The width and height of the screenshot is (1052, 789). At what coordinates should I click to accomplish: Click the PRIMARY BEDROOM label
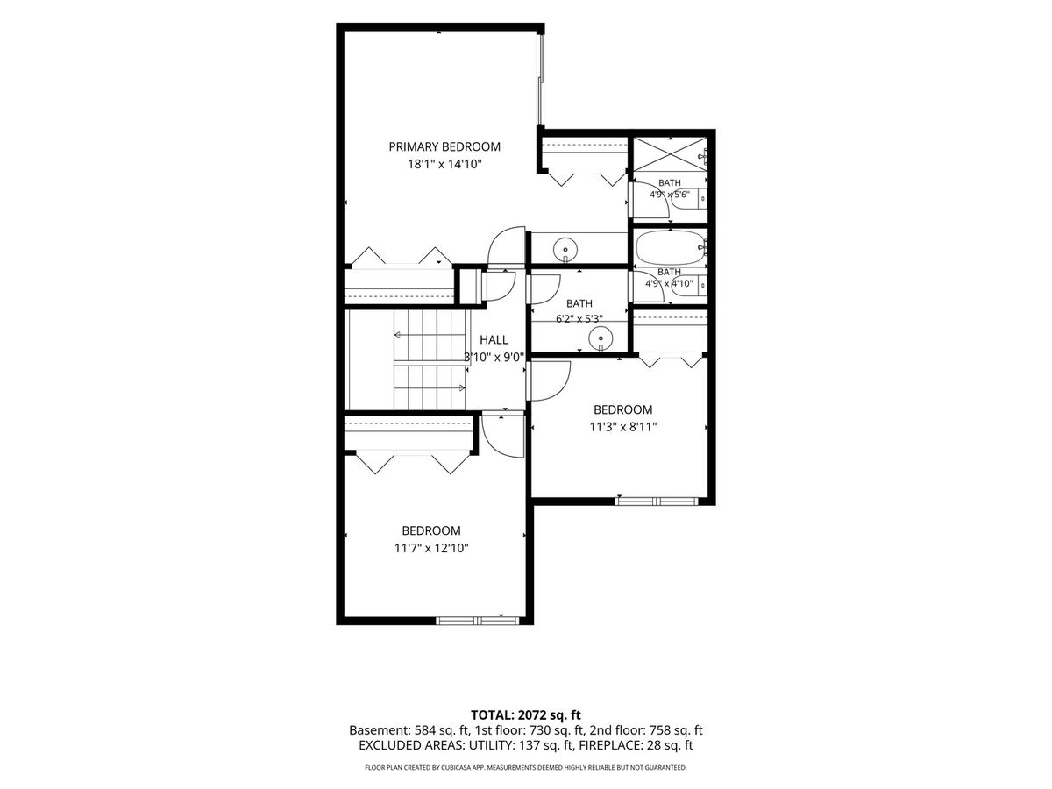tap(444, 146)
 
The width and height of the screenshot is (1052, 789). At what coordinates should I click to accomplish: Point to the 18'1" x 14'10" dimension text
tap(444, 164)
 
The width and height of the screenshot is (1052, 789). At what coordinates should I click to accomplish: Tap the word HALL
tap(494, 340)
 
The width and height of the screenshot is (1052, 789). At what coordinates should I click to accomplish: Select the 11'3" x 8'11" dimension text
tap(622, 427)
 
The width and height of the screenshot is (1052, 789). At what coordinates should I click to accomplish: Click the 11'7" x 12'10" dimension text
tap(431, 548)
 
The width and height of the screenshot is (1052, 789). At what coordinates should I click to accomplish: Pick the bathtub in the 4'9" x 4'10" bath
tap(670, 247)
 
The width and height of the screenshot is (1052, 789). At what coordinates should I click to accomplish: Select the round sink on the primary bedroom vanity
tap(565, 250)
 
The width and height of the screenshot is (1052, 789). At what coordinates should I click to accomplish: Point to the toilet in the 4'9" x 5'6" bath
tap(689, 198)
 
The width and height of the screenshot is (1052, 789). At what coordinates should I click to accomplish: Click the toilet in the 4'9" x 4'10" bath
tap(689, 286)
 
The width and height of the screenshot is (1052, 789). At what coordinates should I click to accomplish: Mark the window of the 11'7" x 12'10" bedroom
tap(478, 621)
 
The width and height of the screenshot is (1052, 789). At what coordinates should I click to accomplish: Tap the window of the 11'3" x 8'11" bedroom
tap(657, 501)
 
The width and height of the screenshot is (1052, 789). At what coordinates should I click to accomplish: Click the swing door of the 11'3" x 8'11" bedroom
tap(548, 380)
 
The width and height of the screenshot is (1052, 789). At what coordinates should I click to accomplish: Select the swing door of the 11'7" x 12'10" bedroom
tap(503, 437)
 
